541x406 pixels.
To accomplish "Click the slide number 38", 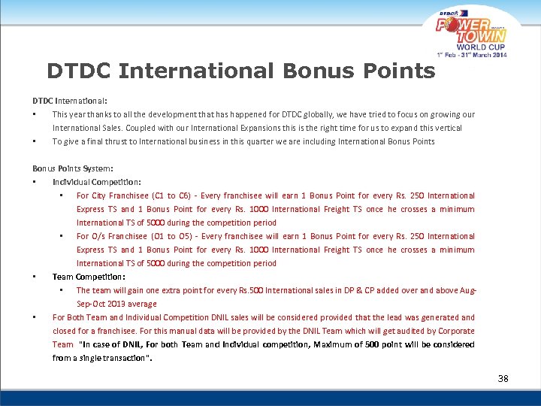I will (x=503, y=378).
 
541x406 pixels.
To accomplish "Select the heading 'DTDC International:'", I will (x=69, y=100).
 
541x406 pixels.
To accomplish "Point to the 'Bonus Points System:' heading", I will (x=72, y=168).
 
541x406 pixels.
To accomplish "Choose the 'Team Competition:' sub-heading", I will (x=89, y=277).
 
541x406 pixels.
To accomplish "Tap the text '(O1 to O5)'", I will (x=170, y=236).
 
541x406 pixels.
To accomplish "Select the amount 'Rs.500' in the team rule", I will (x=250, y=290).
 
